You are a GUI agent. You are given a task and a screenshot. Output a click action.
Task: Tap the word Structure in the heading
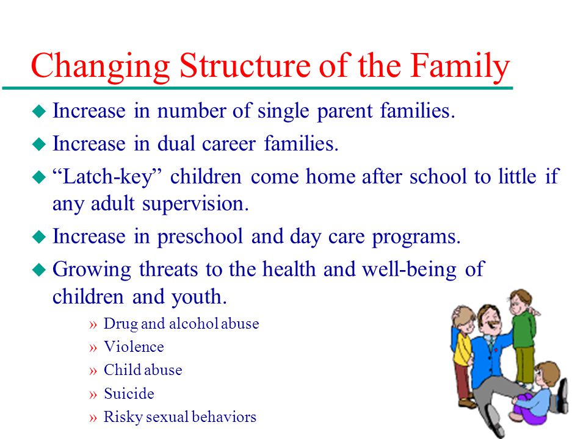(244, 65)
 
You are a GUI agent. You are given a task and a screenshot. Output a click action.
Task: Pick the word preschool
(200, 237)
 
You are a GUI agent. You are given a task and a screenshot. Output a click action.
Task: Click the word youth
(199, 298)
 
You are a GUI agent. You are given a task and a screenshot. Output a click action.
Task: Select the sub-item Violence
(134, 347)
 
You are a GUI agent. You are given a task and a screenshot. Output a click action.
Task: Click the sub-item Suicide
(129, 393)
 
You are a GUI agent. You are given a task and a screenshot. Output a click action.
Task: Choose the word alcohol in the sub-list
(194, 324)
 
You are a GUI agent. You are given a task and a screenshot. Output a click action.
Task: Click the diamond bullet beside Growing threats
(39, 269)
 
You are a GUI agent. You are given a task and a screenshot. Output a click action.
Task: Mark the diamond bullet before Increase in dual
(39, 144)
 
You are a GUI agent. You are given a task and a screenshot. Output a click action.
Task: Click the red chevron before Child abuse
(93, 371)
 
